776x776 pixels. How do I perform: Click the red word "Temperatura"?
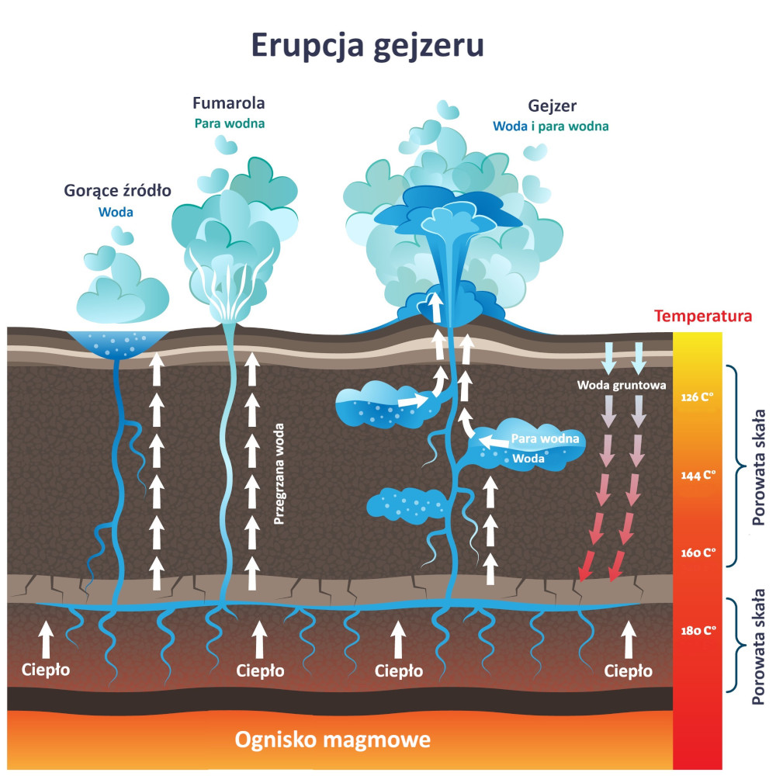(x=703, y=317)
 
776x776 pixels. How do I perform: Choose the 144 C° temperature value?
(x=696, y=476)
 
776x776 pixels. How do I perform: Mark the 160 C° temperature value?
(x=696, y=553)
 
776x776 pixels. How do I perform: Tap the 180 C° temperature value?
(x=696, y=630)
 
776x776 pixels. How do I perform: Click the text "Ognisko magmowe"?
(x=333, y=739)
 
